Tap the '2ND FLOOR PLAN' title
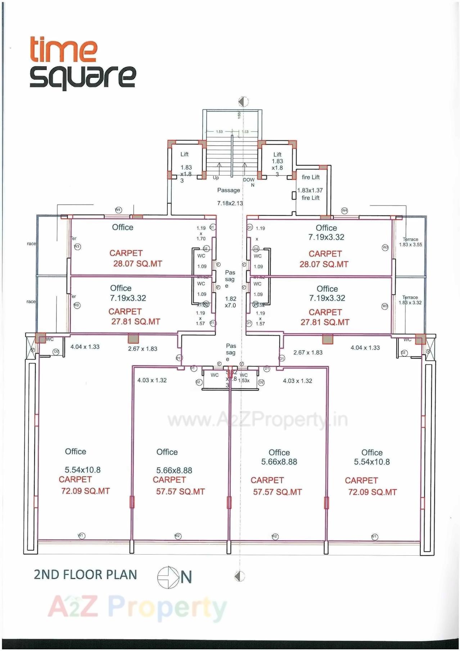point(85,575)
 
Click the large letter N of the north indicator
point(186,577)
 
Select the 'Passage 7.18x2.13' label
point(229,196)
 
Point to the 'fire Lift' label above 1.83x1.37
point(311,177)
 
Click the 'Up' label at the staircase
point(216,178)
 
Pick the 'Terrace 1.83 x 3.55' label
point(410,242)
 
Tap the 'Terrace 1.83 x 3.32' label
point(410,300)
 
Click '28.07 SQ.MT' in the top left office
point(137,264)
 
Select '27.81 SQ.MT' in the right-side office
point(325,322)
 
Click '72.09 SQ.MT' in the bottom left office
point(85,491)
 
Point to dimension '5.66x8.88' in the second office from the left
point(174,470)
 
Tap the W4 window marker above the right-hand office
point(344,210)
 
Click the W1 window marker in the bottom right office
point(374,537)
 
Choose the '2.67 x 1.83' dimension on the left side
point(143,349)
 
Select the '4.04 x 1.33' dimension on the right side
point(365,348)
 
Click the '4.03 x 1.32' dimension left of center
point(152,380)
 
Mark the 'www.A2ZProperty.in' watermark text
point(257,420)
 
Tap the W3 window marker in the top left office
point(77,247)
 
